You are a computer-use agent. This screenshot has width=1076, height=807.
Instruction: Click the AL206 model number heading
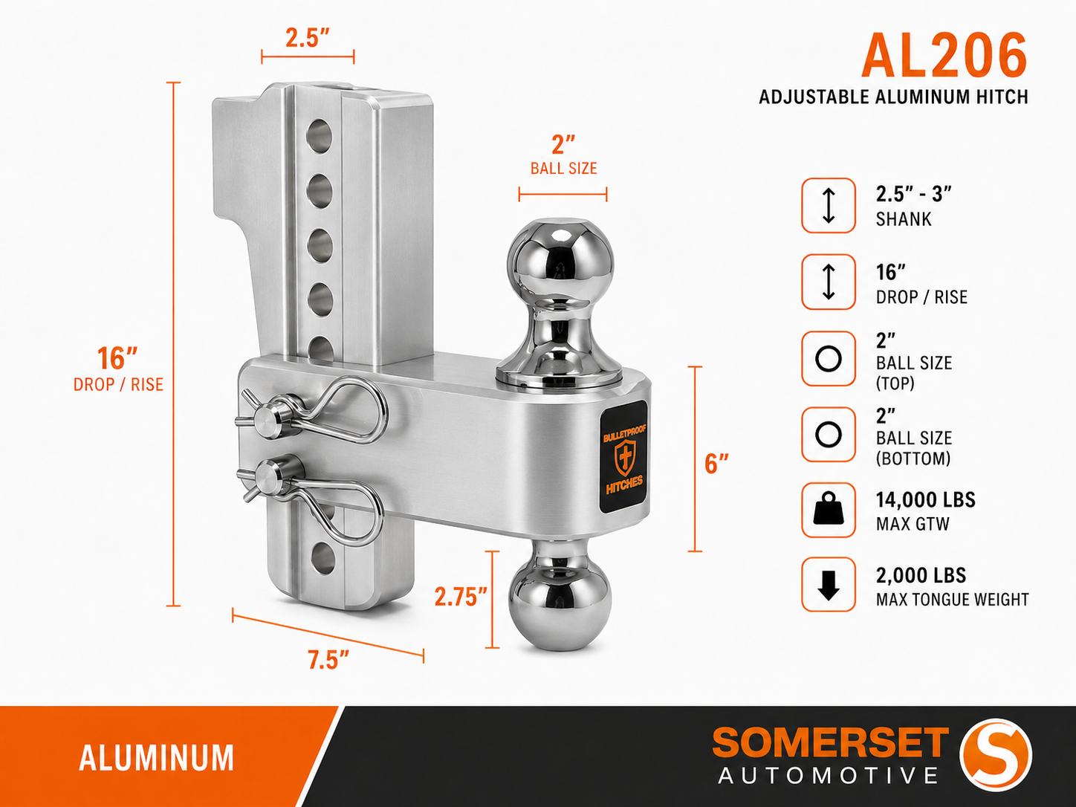[944, 56]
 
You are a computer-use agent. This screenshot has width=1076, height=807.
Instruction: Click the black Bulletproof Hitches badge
[623, 457]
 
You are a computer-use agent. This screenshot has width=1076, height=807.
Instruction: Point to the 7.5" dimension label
[328, 660]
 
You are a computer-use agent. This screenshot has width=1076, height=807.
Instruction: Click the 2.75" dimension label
[460, 597]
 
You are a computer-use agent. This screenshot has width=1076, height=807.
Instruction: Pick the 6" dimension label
[716, 464]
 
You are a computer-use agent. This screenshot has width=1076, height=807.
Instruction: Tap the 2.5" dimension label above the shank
[308, 38]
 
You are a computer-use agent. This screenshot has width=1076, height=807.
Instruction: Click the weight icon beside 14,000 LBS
[829, 510]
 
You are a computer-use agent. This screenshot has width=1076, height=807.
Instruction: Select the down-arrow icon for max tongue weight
[829, 585]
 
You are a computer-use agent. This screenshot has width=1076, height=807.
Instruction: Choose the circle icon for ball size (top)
[829, 359]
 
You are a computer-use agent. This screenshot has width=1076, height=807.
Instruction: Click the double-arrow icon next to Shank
[829, 205]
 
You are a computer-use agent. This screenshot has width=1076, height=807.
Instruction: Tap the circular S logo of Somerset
[995, 755]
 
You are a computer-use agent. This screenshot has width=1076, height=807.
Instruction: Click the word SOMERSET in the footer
[830, 742]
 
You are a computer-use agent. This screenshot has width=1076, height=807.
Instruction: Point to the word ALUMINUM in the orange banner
[156, 758]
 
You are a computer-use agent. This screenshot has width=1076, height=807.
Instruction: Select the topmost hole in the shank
[319, 135]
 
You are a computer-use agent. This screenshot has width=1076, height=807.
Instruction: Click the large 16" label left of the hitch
[117, 358]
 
